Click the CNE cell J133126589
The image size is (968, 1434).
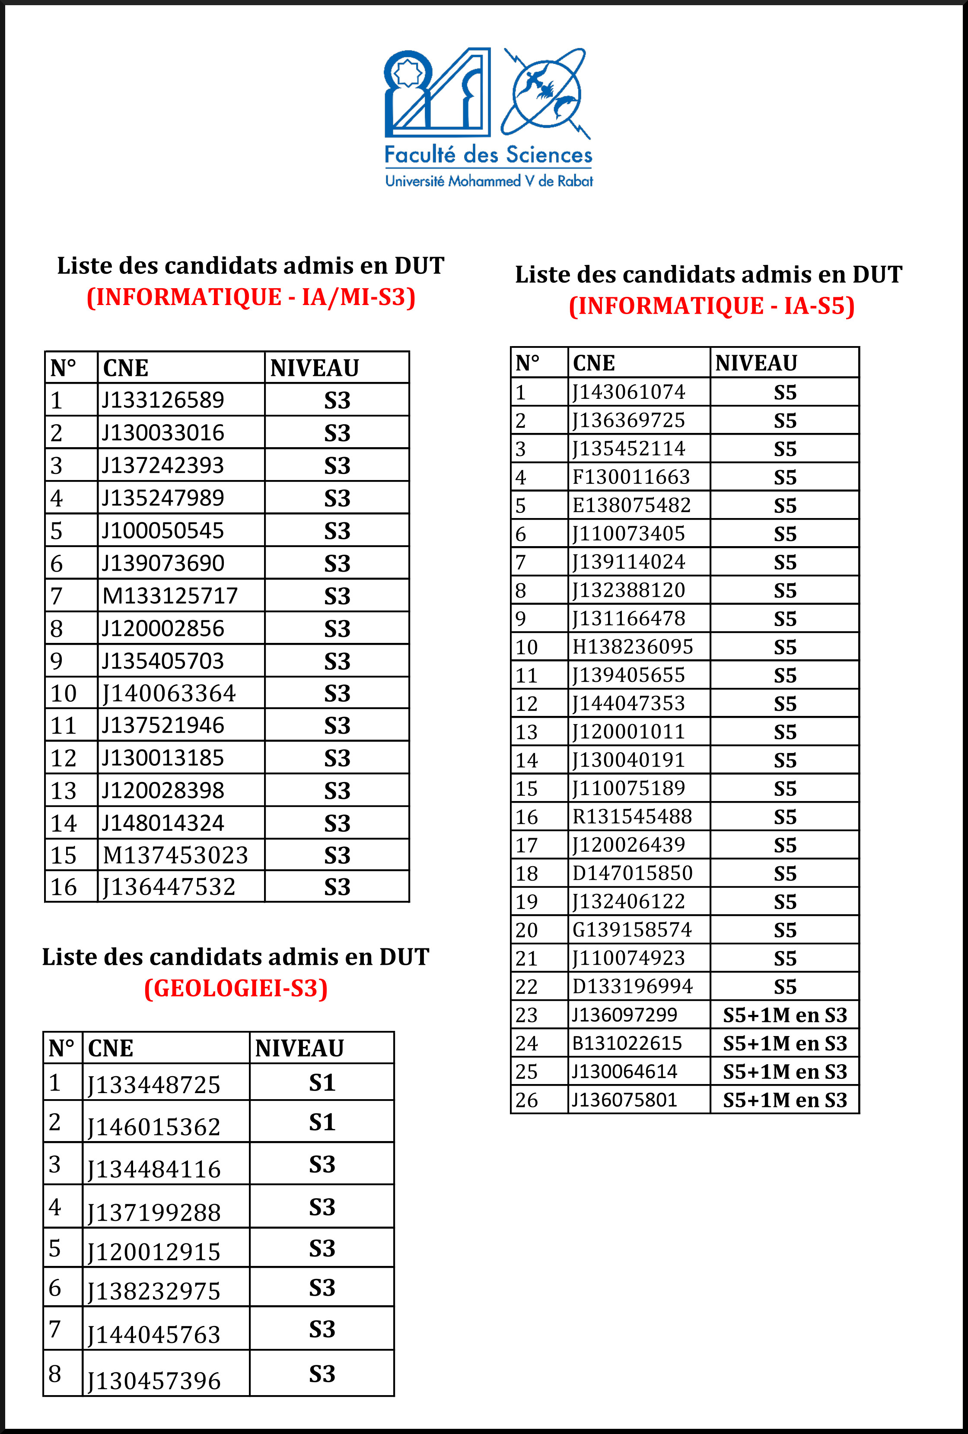click(x=163, y=400)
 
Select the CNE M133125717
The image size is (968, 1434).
click(x=170, y=595)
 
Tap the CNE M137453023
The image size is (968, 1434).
click(x=175, y=855)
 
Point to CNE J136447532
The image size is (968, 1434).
click(x=169, y=887)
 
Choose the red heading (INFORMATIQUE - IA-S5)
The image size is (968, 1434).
click(x=711, y=306)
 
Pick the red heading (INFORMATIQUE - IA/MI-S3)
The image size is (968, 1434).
click(x=251, y=297)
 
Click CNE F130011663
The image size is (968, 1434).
click(x=631, y=477)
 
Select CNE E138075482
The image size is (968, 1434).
click(x=631, y=506)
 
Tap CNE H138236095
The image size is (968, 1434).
click(x=633, y=647)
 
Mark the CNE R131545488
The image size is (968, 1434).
click(x=632, y=816)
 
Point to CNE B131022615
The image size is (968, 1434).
click(x=627, y=1043)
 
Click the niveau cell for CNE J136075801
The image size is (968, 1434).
click(x=785, y=1100)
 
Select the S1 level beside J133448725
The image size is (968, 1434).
click(x=322, y=1083)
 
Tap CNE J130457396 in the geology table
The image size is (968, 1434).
click(x=154, y=1381)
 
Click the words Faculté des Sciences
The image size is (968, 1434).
click(x=488, y=154)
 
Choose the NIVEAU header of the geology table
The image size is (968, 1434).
click(x=299, y=1048)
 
